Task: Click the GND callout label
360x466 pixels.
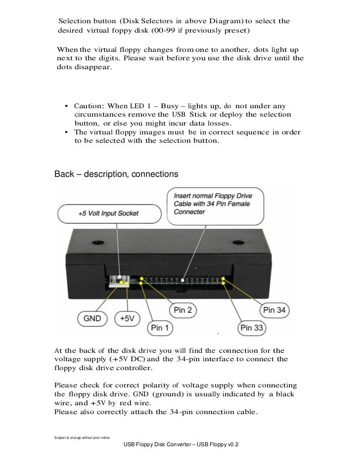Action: point(92,319)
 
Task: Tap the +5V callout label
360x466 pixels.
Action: point(128,319)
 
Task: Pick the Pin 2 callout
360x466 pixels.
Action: point(183,310)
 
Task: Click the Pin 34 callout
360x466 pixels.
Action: point(275,310)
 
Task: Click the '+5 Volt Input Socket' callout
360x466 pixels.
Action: point(108,213)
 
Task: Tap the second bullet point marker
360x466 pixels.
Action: point(66,132)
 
